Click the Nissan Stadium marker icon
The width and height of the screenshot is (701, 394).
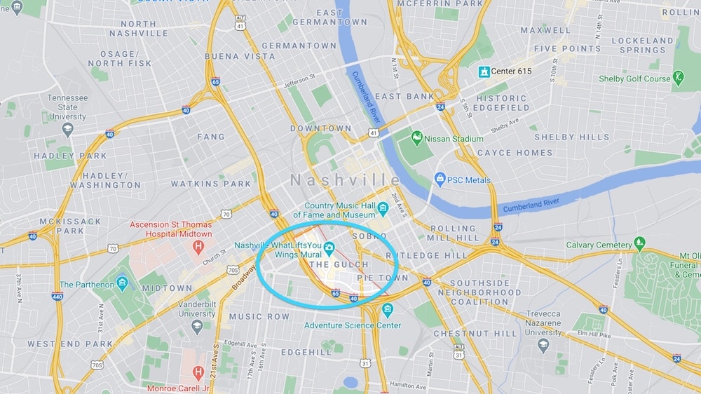click(417, 138)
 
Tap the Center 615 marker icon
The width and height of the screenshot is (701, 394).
click(484, 72)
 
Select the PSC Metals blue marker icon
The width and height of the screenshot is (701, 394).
click(440, 179)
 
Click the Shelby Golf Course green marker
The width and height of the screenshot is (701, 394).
click(678, 78)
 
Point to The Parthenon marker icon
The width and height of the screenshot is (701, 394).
click(123, 284)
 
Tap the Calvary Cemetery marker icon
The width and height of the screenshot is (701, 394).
click(639, 244)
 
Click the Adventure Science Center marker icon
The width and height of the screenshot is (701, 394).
click(387, 309)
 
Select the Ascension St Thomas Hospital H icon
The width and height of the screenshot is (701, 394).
click(198, 247)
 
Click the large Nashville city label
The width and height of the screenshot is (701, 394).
click(346, 180)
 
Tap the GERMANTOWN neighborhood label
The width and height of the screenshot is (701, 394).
click(300, 46)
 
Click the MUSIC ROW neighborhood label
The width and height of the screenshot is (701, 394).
click(259, 317)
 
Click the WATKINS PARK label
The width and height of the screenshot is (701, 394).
click(211, 184)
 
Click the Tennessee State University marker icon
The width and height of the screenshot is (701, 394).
click(67, 129)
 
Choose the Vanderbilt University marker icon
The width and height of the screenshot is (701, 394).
click(197, 325)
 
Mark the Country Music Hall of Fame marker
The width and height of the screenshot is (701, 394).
click(383, 209)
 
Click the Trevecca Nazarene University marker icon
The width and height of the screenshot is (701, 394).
click(543, 345)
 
